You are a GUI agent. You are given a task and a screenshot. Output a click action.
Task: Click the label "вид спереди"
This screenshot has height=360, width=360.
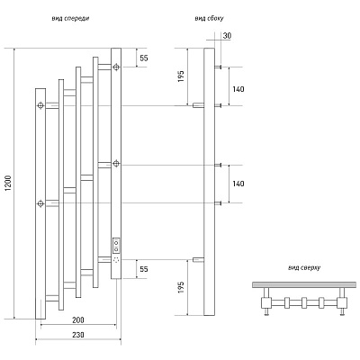[70, 19]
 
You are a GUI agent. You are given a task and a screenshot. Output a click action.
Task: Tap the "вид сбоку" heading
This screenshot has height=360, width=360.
[209, 19]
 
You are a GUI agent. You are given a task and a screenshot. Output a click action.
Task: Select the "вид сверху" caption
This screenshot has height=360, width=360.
[304, 268]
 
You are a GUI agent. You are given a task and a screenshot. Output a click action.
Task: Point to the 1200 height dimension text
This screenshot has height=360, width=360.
[8, 183]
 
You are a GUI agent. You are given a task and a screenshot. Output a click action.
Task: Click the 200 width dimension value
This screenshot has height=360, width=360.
[78, 320]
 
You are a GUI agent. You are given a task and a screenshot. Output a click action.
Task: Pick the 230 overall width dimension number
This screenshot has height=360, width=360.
[78, 335]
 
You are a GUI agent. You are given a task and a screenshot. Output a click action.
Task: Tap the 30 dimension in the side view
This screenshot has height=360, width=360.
[227, 36]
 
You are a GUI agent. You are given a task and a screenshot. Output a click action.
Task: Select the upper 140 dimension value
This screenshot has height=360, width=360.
[238, 89]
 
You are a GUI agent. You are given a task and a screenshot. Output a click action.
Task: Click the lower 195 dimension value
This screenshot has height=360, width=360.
[181, 287]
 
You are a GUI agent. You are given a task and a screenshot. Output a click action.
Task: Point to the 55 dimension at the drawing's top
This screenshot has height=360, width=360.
[144, 58]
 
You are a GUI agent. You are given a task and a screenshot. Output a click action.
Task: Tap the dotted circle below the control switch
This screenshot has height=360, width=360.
[116, 261]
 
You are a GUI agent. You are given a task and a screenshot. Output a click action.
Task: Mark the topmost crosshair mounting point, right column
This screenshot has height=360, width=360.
[116, 67]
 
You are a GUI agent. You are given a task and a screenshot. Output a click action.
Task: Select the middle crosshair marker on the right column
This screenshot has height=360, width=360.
[116, 164]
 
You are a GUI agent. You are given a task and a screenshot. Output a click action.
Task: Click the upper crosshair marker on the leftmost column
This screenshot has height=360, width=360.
[40, 105]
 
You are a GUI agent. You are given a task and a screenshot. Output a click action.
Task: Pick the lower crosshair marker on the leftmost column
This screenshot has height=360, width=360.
[40, 203]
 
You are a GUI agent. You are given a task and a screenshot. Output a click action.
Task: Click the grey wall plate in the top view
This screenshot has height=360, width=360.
[304, 284]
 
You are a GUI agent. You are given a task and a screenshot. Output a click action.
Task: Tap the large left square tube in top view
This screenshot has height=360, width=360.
[265, 303]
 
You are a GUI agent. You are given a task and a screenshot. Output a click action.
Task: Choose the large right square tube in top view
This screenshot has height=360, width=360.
[342, 303]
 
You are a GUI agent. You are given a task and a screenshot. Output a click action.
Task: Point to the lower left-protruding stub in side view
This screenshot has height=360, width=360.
[198, 260]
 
